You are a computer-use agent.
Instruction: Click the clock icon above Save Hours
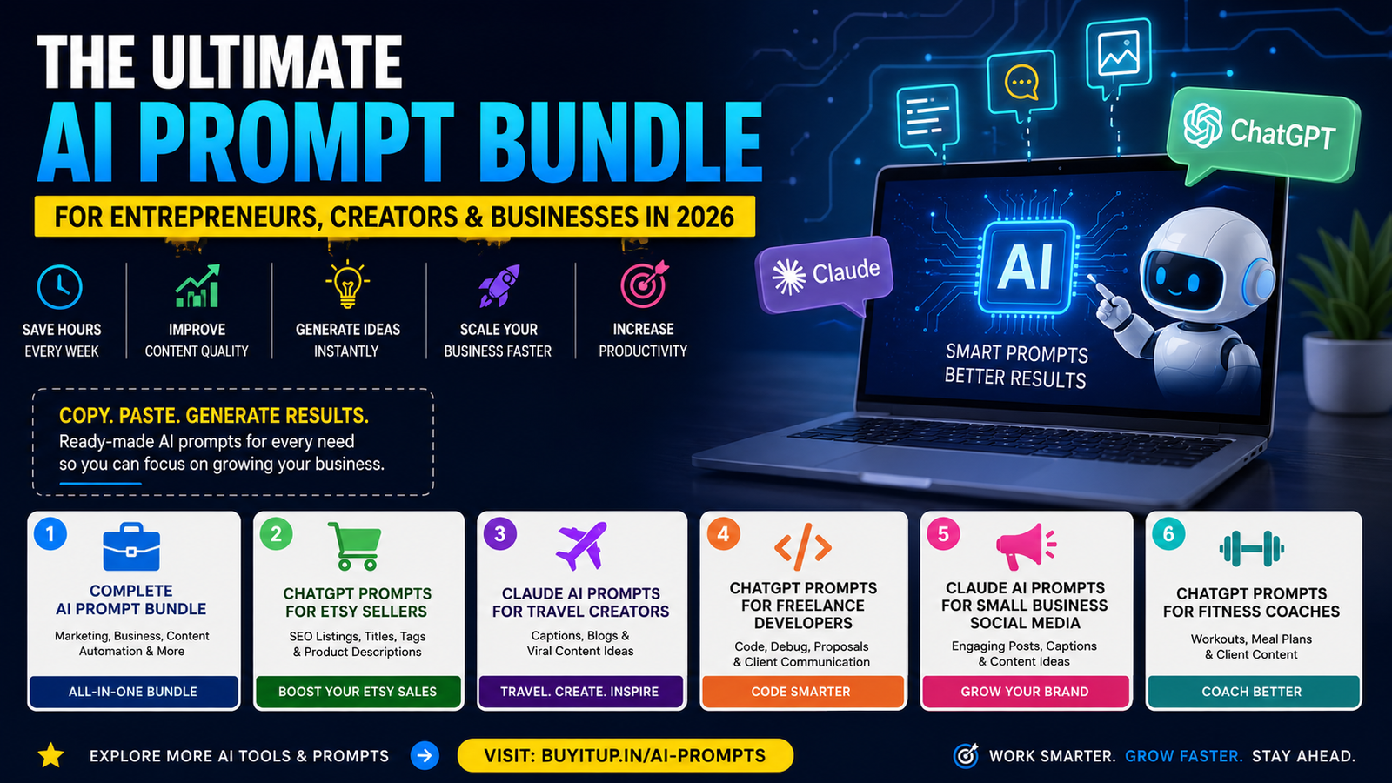[60, 287]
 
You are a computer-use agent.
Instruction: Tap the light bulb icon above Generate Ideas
[347, 284]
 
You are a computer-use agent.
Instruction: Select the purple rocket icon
[499, 285]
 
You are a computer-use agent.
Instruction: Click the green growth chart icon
[197, 286]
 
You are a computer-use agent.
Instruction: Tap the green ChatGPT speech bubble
[1263, 134]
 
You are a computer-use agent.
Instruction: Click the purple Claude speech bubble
[824, 275]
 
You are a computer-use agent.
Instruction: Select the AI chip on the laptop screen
[1026, 266]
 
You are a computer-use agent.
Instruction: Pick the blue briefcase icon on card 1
[131, 547]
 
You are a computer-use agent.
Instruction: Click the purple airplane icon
[581, 546]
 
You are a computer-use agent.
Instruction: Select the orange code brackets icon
[803, 547]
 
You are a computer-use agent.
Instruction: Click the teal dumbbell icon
[1252, 549]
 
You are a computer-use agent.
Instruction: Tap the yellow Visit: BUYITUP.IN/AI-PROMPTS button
[626, 756]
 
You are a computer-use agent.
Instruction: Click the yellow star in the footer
[51, 756]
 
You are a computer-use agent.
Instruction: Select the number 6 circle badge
[1168, 534]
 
